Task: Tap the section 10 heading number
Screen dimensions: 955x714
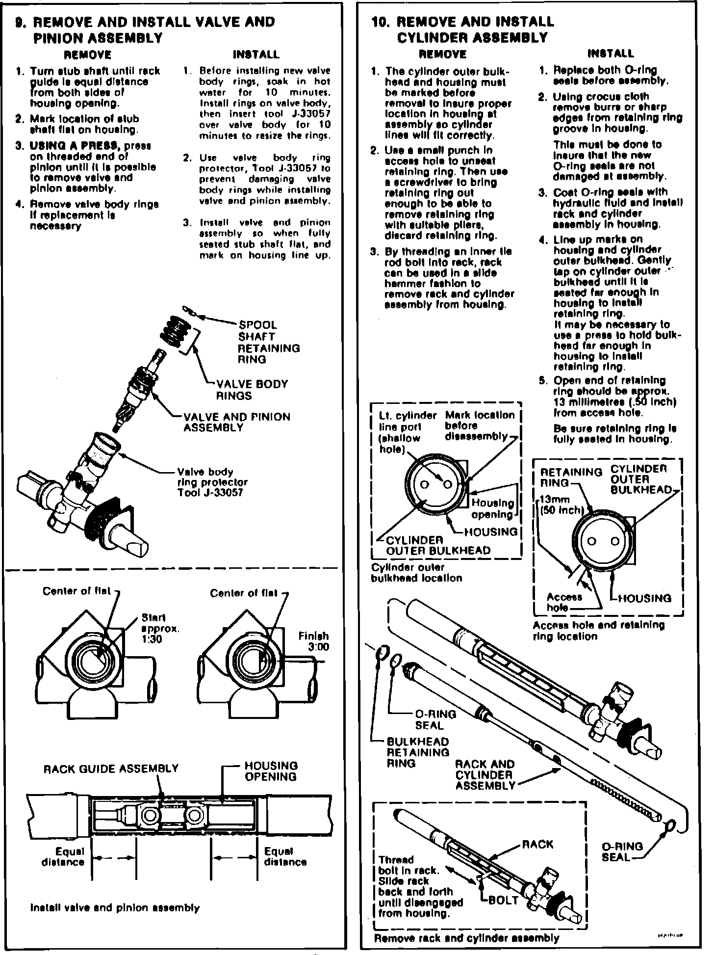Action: pyautogui.click(x=381, y=23)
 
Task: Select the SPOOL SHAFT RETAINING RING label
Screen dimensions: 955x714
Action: pyautogui.click(x=268, y=342)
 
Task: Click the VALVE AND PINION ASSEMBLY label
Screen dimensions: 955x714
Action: pyautogui.click(x=236, y=422)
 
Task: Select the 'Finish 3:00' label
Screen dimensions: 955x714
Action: pyautogui.click(x=314, y=641)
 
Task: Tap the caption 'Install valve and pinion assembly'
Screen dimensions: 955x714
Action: pyautogui.click(x=115, y=907)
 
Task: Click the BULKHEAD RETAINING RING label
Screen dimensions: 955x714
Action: pyautogui.click(x=418, y=752)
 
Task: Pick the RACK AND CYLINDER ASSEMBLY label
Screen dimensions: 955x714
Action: pyautogui.click(x=485, y=775)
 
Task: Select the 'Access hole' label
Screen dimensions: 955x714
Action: pyautogui.click(x=564, y=602)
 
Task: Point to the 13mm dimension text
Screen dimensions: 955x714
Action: pyautogui.click(x=555, y=500)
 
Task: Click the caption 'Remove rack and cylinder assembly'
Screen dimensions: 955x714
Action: pyautogui.click(x=466, y=938)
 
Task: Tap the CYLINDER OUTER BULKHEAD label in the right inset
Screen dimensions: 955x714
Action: pyautogui.click(x=641, y=479)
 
